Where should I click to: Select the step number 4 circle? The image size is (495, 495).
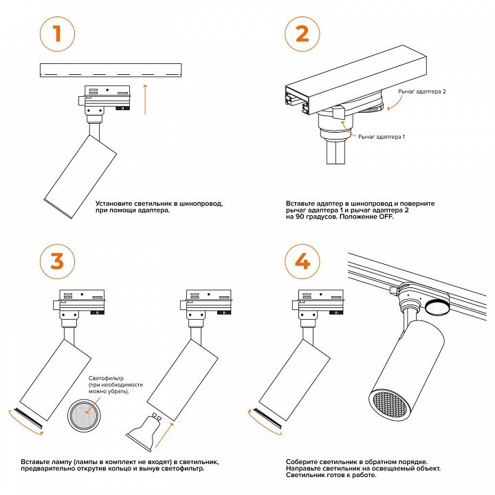point(302,261)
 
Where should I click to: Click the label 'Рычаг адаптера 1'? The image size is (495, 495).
point(382,137)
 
